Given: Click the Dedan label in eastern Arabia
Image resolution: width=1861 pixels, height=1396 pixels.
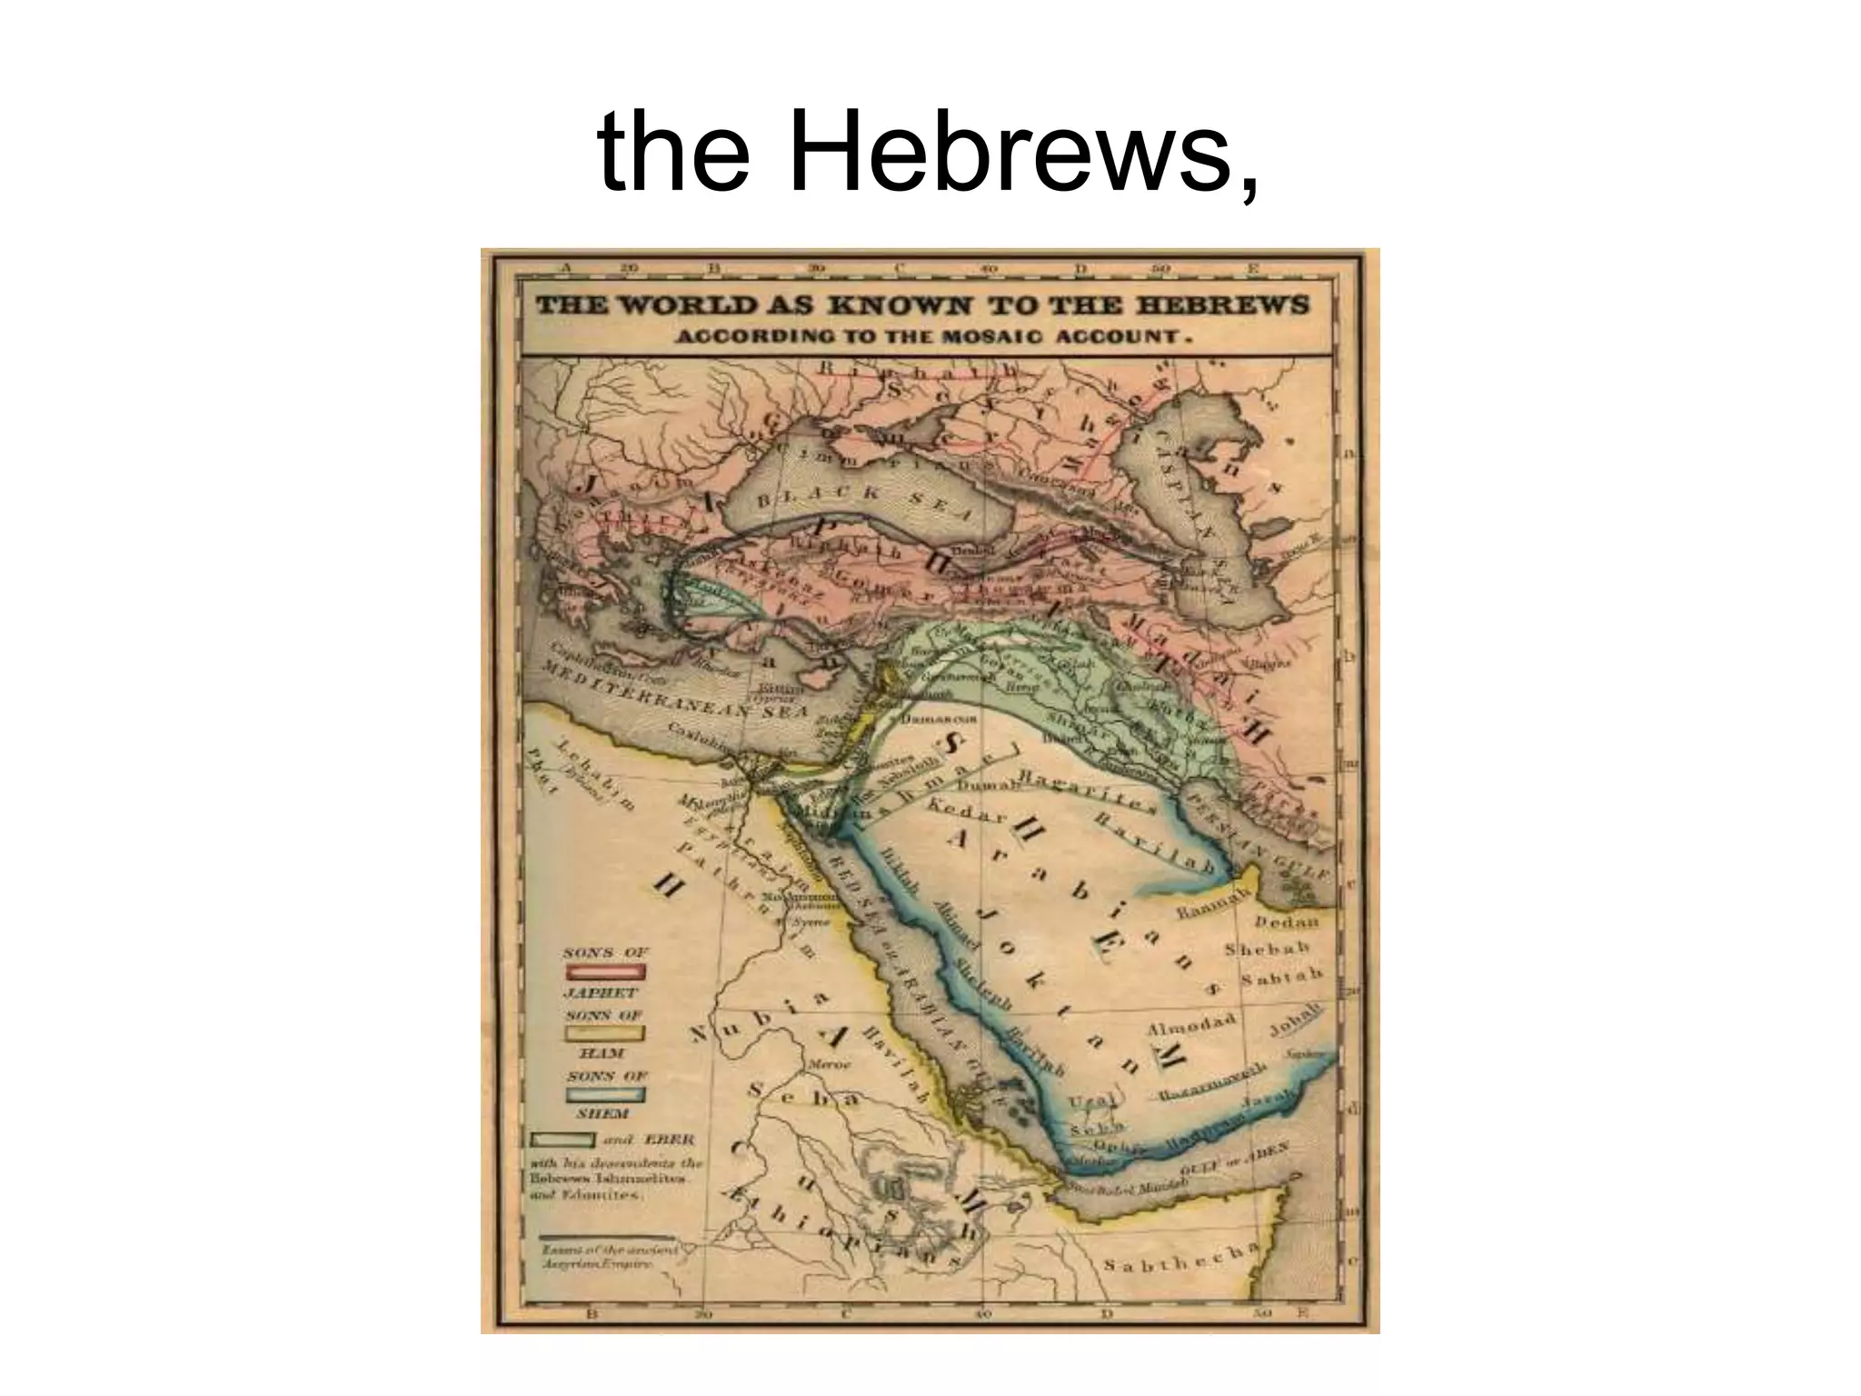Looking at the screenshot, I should coord(1287,922).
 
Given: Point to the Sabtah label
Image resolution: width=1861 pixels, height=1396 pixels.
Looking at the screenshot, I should coord(1281,979).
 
